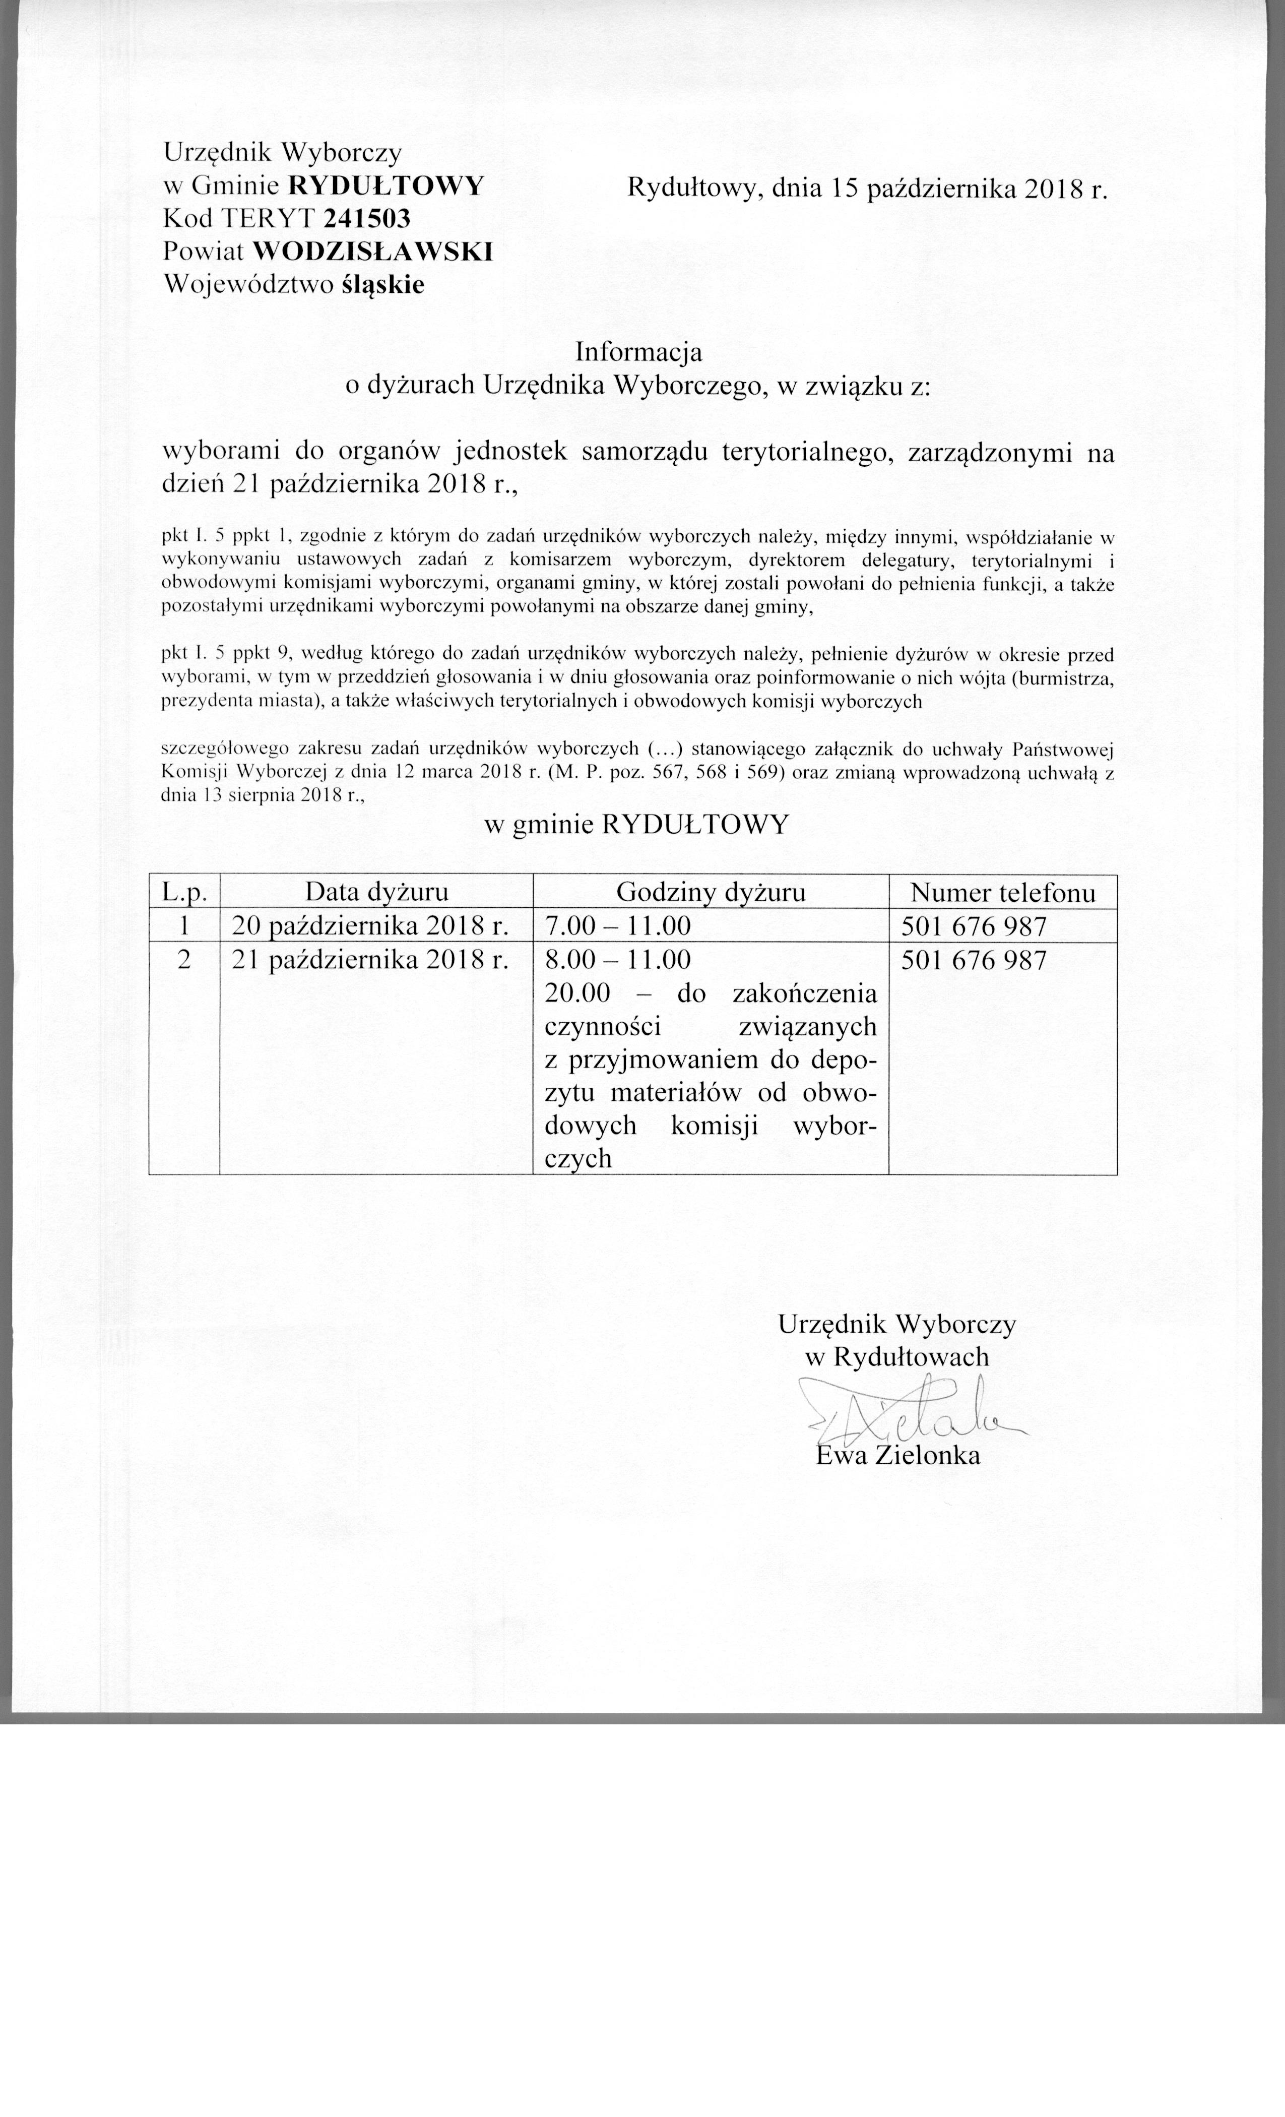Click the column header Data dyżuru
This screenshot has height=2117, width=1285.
376,893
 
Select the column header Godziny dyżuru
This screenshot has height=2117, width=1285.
711,893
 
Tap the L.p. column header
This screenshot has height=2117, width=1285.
184,893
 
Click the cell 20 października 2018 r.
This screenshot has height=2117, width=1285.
371,926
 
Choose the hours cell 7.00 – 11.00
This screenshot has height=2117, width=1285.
618,926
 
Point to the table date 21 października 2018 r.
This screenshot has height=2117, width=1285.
371,960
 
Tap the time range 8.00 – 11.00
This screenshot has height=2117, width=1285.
618,960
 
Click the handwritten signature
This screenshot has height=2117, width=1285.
911,1412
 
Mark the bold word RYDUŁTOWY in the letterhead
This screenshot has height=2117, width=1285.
385,184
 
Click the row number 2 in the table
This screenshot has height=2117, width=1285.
184,960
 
